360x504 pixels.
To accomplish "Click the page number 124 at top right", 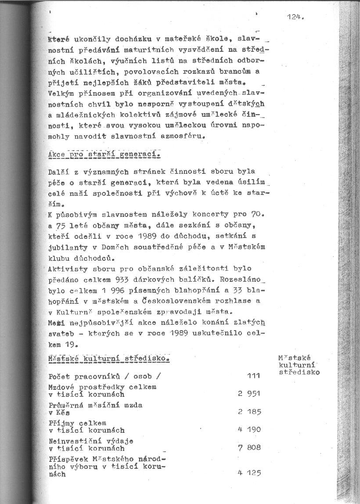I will coord(295,18).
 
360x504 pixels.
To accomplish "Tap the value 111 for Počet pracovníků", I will coord(253,376).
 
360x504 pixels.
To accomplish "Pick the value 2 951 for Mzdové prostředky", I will coord(249,394).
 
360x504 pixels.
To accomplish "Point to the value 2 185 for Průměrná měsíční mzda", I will coord(249,412).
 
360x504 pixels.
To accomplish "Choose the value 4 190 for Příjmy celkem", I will coord(249,429).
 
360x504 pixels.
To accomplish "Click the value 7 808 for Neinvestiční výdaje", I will coord(249,447).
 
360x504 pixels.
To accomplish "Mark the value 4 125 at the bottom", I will coord(249,473).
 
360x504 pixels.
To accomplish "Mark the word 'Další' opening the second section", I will coord(60,171).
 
